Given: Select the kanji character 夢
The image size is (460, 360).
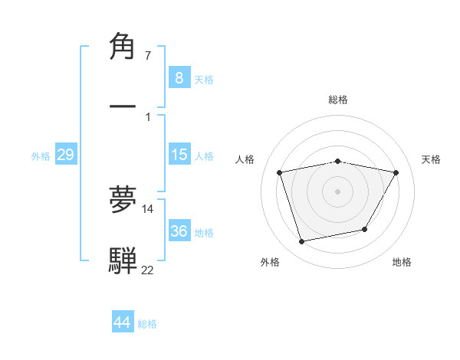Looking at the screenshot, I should pyautogui.click(x=123, y=199).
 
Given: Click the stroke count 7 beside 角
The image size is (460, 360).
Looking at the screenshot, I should pyautogui.click(x=147, y=56).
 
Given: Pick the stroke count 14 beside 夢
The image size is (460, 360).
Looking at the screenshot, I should pyautogui.click(x=148, y=208).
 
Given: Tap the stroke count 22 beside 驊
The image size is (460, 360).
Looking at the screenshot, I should pyautogui.click(x=147, y=270).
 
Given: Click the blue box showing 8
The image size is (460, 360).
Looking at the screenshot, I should pyautogui.click(x=179, y=77).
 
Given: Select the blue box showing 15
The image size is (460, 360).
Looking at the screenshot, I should pyautogui.click(x=179, y=155).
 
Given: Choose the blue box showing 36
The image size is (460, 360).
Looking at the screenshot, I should pyautogui.click(x=179, y=231).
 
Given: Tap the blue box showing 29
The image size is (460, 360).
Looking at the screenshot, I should pyautogui.click(x=65, y=155).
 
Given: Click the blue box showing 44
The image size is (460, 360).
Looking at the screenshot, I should pyautogui.click(x=122, y=322).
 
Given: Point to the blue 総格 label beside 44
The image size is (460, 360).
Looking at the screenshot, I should pyautogui.click(x=147, y=324).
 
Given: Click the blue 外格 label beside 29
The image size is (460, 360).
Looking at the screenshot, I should pyautogui.click(x=41, y=156).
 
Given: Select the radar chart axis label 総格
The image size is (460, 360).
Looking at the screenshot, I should pyautogui.click(x=338, y=100).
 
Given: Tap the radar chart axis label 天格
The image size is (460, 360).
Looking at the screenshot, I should pyautogui.click(x=431, y=159).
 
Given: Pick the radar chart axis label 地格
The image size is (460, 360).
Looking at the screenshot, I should pyautogui.click(x=402, y=262).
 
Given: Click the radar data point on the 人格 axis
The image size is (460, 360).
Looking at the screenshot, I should pyautogui.click(x=280, y=172).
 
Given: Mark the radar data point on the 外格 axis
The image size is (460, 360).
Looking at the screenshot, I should pyautogui.click(x=302, y=241).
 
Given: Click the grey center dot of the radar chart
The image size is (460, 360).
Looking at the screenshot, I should pyautogui.click(x=338, y=191).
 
